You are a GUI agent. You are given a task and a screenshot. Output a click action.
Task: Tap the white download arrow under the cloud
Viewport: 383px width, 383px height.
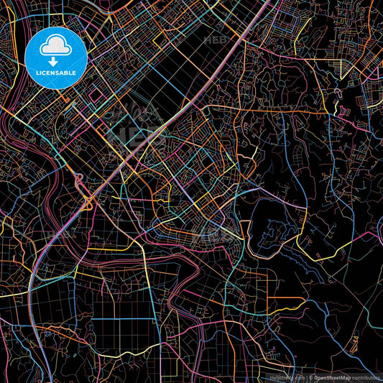coord(55,62)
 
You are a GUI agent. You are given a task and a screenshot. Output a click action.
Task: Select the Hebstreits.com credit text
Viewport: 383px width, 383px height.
coord(287,377)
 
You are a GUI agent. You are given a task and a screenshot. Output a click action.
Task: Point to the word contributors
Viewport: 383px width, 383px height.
coord(366,377)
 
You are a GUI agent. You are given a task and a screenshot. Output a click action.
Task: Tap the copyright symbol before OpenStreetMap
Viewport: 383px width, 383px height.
coord(311,377)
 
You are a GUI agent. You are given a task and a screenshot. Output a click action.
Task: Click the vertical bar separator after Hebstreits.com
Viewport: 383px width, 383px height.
coord(306,377)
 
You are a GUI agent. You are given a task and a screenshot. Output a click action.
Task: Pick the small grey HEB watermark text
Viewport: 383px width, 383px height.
coord(215,40)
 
